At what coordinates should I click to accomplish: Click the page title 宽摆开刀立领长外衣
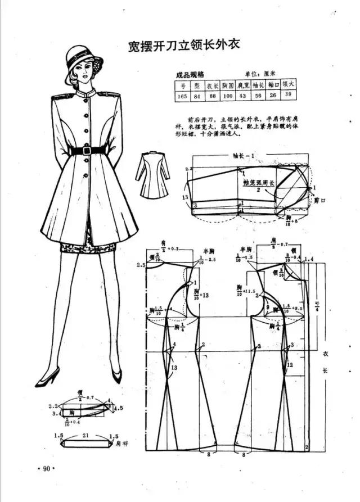pos(184,45)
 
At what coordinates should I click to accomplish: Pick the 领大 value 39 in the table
pos(288,95)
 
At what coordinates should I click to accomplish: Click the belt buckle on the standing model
pos(86,150)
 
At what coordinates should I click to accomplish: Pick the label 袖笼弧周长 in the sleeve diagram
pos(258,183)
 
